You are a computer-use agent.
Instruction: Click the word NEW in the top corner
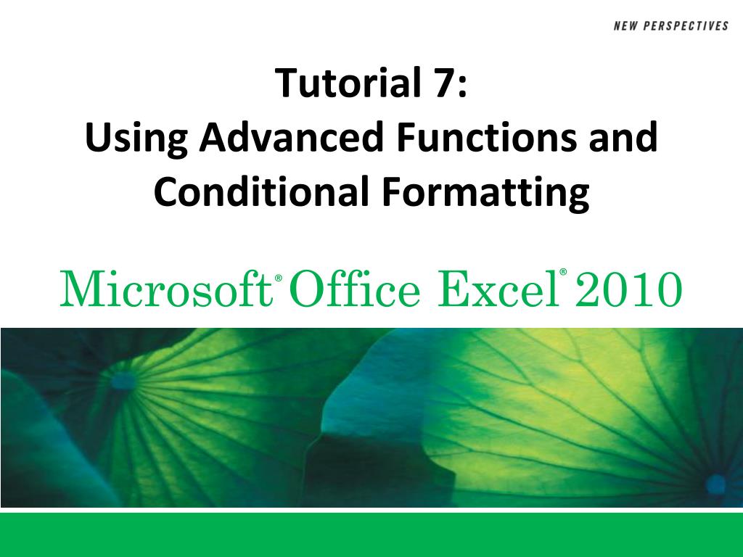pos(626,26)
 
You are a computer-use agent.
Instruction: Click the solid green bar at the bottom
pos(371,535)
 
